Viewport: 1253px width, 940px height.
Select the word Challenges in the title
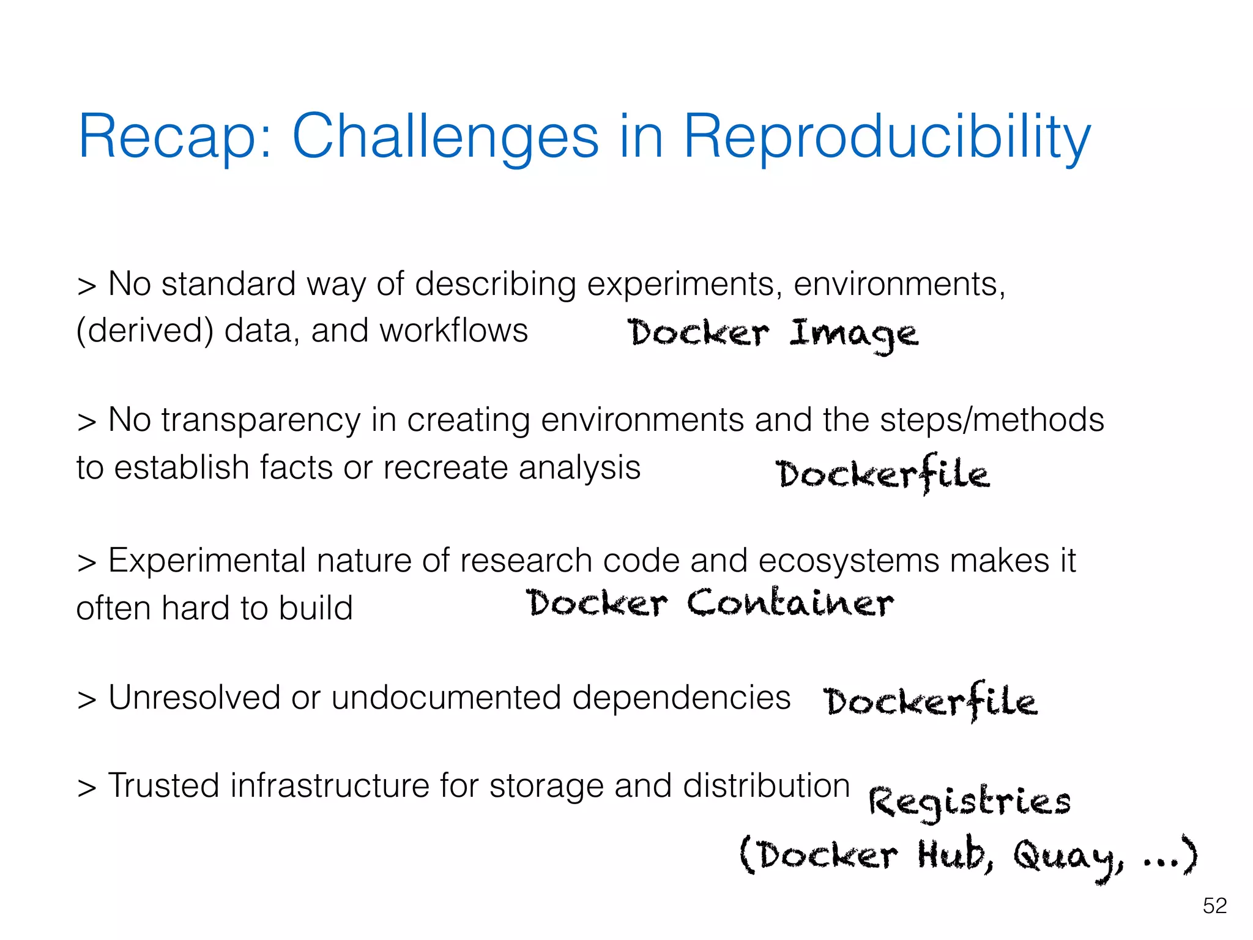point(445,138)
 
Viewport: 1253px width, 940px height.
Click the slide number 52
point(1214,906)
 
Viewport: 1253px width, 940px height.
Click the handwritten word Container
point(790,603)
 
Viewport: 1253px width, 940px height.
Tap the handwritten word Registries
point(969,802)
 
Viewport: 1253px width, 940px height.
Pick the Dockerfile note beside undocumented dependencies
point(930,702)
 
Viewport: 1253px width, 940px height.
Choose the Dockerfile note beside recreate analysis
point(882,474)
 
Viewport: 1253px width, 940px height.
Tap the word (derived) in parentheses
point(145,331)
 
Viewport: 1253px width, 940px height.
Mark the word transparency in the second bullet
point(261,421)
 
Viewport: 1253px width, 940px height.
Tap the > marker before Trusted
point(87,788)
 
